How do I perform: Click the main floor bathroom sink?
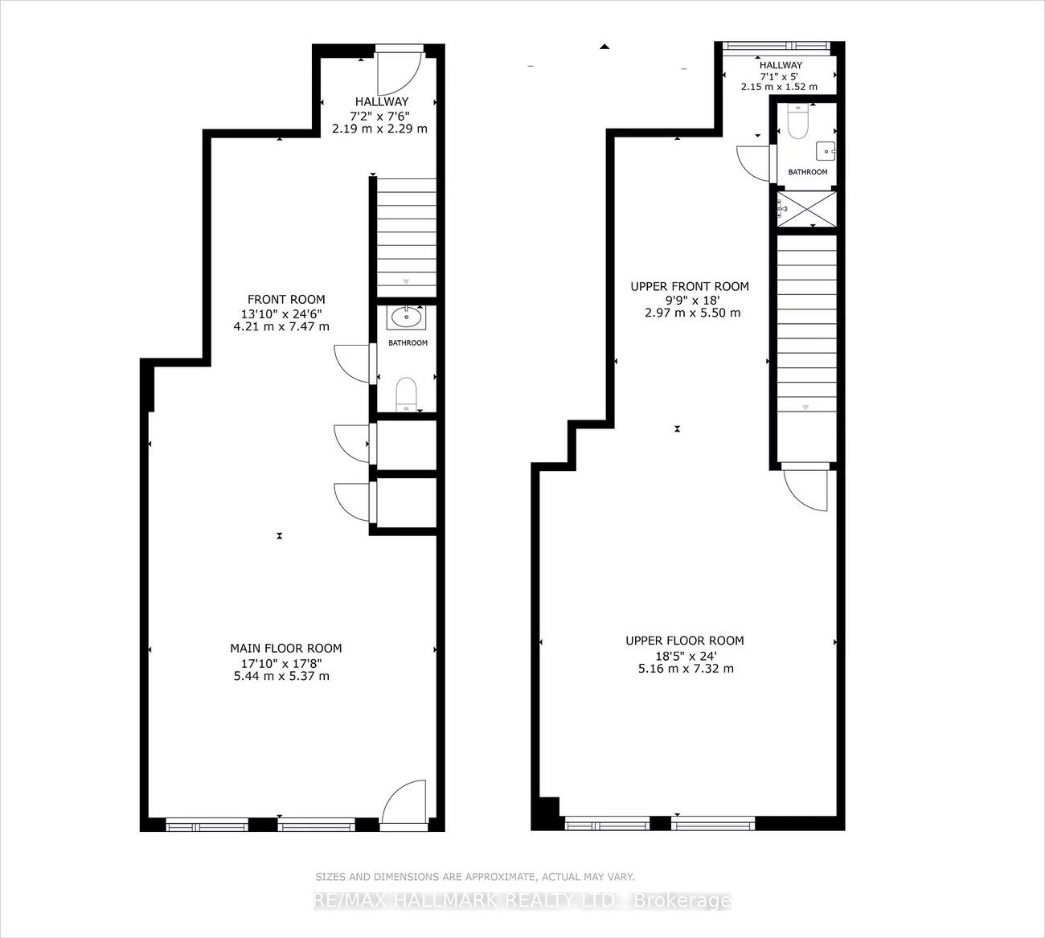pos(407,317)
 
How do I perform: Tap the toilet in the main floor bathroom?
pos(406,395)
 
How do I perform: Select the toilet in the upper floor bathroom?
pos(798,121)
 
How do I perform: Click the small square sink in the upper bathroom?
pos(826,152)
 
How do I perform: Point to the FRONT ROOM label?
pos(286,300)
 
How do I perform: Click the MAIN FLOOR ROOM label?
pos(285,648)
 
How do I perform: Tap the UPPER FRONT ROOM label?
pos(690,286)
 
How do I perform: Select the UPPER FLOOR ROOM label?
pos(684,641)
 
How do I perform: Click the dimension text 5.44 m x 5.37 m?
pos(281,676)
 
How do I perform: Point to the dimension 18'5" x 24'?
pos(686,656)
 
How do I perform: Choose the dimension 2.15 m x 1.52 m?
pos(780,87)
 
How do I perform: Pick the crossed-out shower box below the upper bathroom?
pos(807,209)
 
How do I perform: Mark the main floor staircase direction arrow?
pos(406,281)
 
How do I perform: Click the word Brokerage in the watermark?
pos(682,900)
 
